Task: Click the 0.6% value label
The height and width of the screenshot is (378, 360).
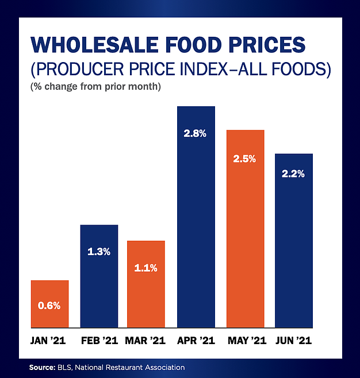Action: (49, 306)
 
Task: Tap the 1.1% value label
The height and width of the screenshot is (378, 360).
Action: (146, 267)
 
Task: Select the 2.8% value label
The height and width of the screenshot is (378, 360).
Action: (196, 133)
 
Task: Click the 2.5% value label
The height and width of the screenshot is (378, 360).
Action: (244, 158)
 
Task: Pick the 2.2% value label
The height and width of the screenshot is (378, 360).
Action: (293, 173)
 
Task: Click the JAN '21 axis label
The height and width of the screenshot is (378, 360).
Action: (49, 340)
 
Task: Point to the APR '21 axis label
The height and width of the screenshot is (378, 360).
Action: (196, 340)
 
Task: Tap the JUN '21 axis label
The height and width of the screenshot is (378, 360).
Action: (293, 340)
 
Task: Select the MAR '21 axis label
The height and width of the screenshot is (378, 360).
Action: (145, 340)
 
